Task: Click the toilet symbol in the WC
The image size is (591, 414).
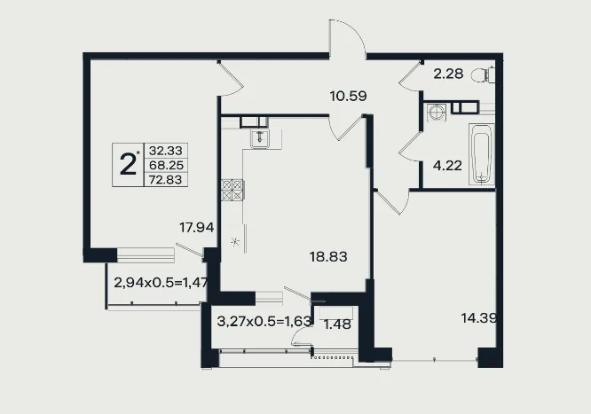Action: coord(483,74)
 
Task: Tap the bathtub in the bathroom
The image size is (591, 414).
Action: coord(481,154)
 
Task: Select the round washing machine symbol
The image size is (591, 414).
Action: coord(437,113)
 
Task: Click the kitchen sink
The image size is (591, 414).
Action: coord(260,138)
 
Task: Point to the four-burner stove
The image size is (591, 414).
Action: coord(232,190)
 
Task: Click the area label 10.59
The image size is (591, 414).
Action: coord(348,96)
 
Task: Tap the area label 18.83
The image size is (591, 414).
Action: coord(328,257)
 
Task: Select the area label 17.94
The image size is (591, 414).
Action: coord(197,228)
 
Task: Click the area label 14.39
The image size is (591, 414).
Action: coord(479,318)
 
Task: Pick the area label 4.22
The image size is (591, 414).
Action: coord(447,166)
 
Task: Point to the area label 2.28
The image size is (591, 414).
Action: coord(448,74)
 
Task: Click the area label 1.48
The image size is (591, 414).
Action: coord(338,324)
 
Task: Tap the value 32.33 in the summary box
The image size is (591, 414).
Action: coord(165,151)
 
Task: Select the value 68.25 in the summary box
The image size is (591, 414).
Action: coord(166,165)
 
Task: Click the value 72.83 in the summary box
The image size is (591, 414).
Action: coord(165,180)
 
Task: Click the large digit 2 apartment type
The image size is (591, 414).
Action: coord(128,165)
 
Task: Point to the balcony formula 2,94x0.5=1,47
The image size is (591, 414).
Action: coord(161,283)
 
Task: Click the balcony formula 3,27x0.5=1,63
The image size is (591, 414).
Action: coord(264,321)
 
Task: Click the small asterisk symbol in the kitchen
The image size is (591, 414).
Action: coord(235,241)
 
